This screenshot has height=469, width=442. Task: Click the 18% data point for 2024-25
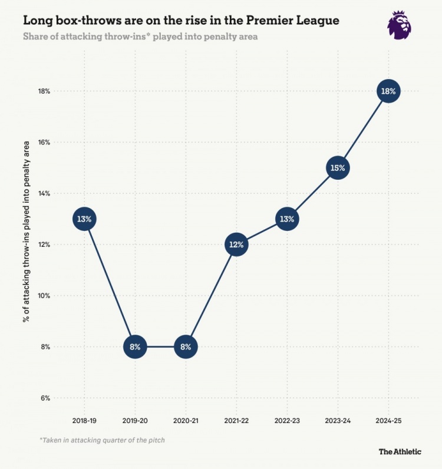point(388,91)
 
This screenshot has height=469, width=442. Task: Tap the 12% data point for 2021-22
point(236,245)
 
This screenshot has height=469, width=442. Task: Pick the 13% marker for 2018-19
point(84,219)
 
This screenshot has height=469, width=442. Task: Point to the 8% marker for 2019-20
point(135,346)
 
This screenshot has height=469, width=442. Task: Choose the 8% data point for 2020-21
point(186,346)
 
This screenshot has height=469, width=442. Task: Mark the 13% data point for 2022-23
point(287,219)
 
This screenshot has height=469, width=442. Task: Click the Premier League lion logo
point(399,25)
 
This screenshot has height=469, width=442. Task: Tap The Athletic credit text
point(400,451)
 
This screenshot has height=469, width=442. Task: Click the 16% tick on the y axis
point(45,143)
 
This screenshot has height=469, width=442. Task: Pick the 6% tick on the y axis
point(45,398)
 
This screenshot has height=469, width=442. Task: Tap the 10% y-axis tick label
point(45,296)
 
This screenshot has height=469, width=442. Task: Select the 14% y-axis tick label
point(45,194)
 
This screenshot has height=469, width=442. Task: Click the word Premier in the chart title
point(272,21)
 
